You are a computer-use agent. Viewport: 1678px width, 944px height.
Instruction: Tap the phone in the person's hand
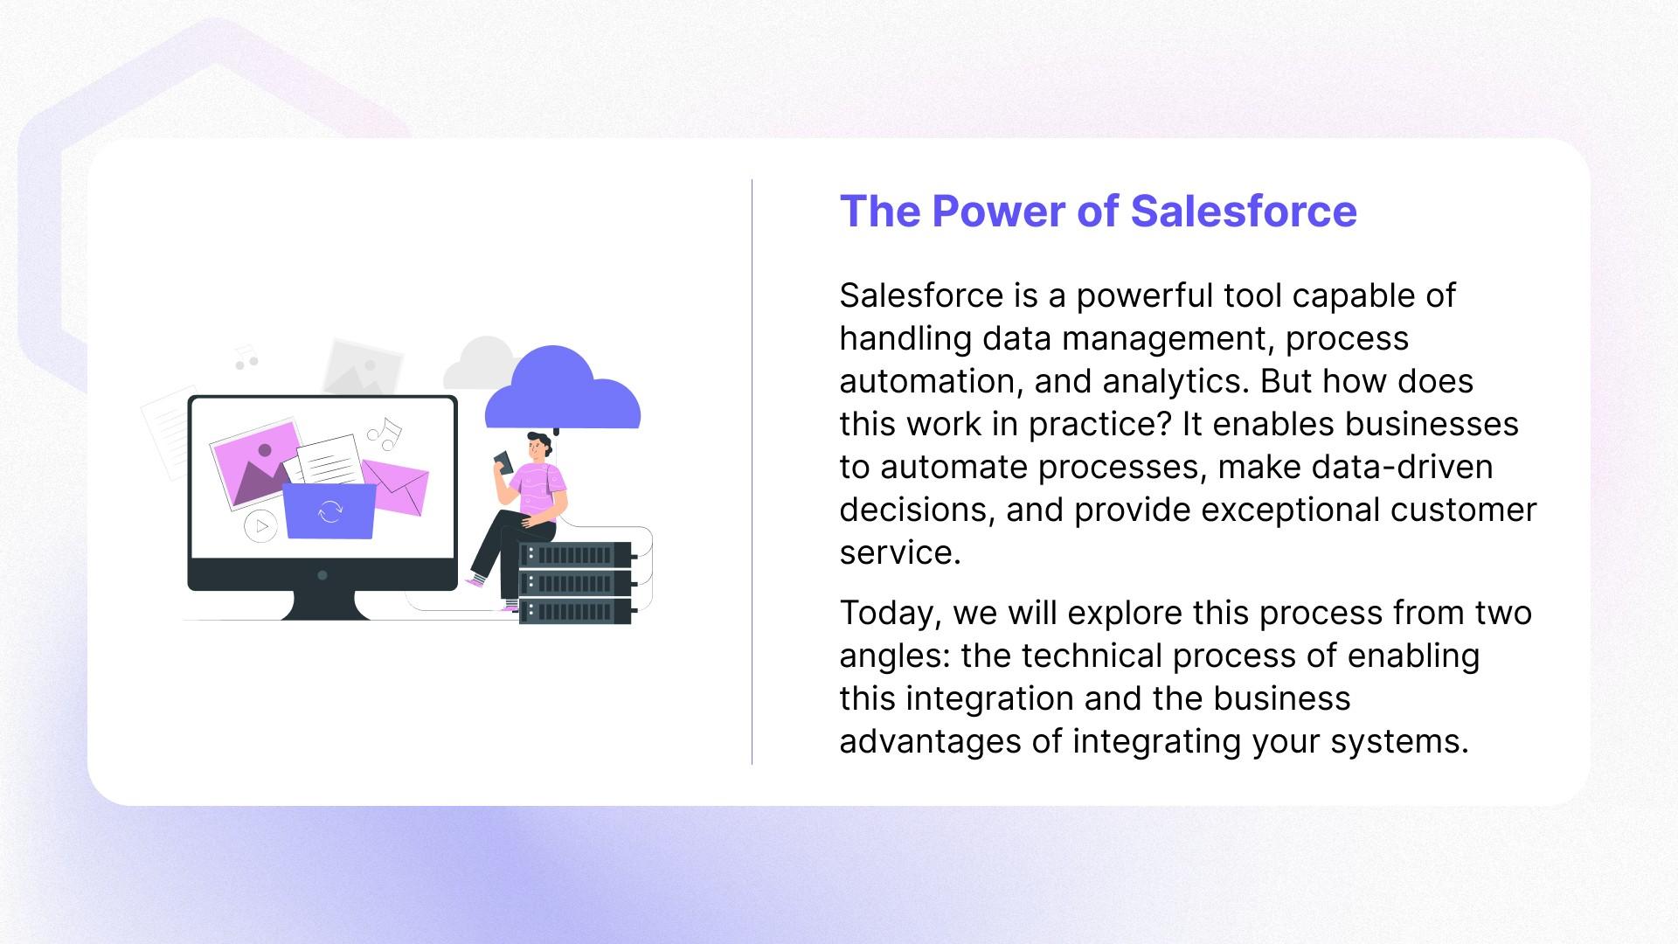(503, 462)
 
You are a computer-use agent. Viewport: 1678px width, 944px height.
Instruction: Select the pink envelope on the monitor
(398, 486)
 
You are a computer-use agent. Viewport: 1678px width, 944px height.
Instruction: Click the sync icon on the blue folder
(330, 511)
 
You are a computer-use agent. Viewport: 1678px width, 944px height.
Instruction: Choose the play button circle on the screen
(260, 526)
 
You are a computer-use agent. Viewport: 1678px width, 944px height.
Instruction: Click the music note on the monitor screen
(385, 432)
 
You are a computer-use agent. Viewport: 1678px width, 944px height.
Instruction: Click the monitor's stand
(324, 605)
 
